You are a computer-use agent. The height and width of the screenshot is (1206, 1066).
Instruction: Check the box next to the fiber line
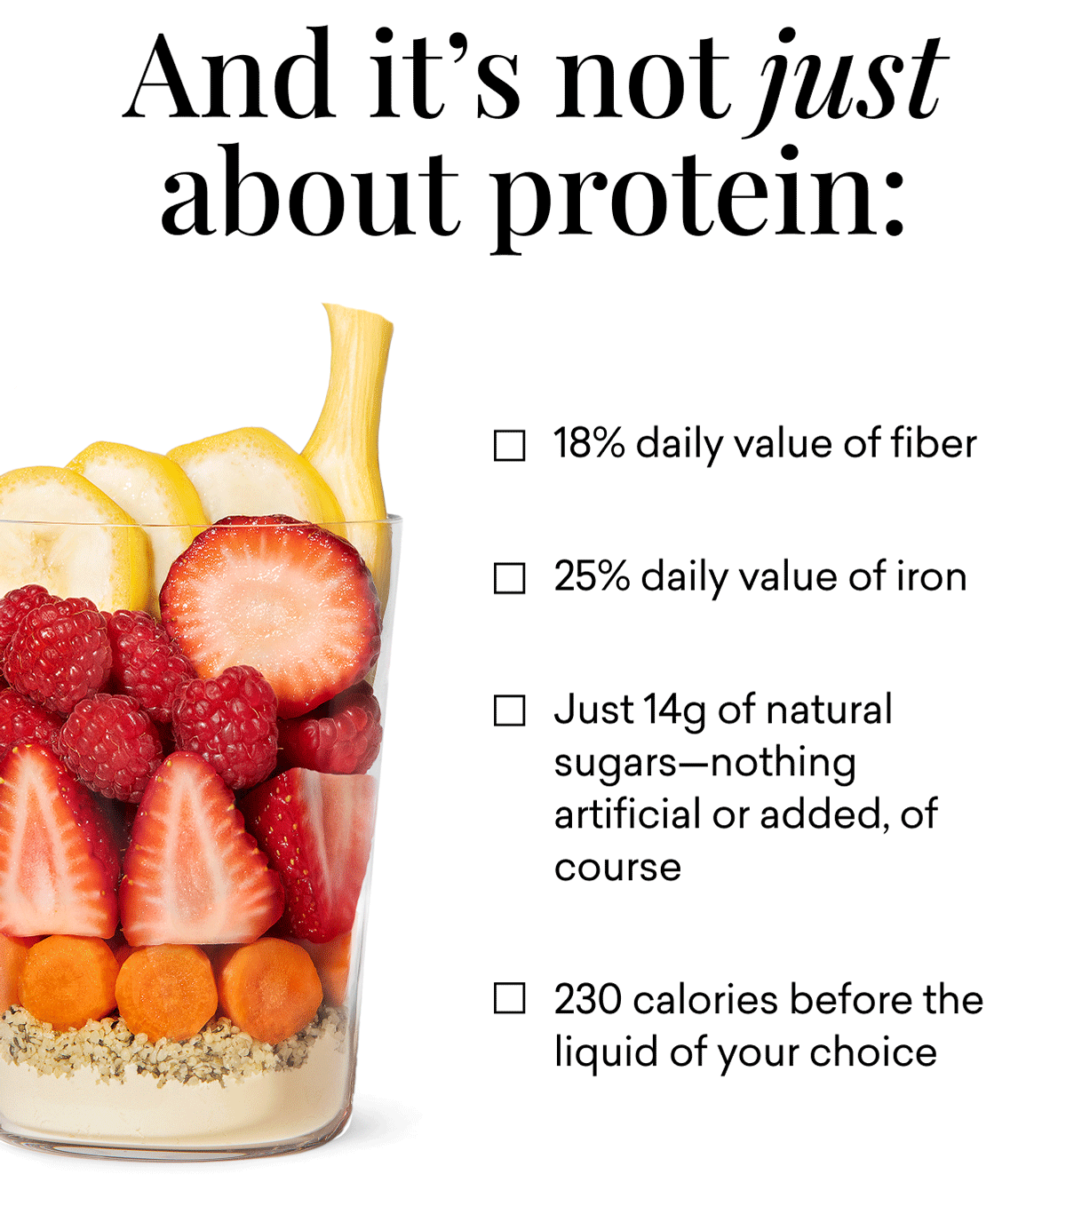click(509, 445)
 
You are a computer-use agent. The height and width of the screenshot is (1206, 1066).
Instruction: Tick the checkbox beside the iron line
click(509, 578)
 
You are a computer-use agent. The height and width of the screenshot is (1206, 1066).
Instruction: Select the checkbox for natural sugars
click(509, 710)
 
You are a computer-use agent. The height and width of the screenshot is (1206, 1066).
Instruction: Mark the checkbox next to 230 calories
click(509, 998)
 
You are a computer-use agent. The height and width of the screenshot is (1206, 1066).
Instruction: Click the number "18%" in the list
click(589, 443)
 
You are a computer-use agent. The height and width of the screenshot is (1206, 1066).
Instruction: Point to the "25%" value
click(592, 576)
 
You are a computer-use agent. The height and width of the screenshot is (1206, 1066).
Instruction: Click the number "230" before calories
click(587, 999)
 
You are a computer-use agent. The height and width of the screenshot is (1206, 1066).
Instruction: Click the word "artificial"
click(626, 814)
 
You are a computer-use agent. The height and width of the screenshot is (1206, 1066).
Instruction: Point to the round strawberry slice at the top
click(271, 604)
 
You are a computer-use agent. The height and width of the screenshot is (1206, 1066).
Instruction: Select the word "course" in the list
click(617, 868)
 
